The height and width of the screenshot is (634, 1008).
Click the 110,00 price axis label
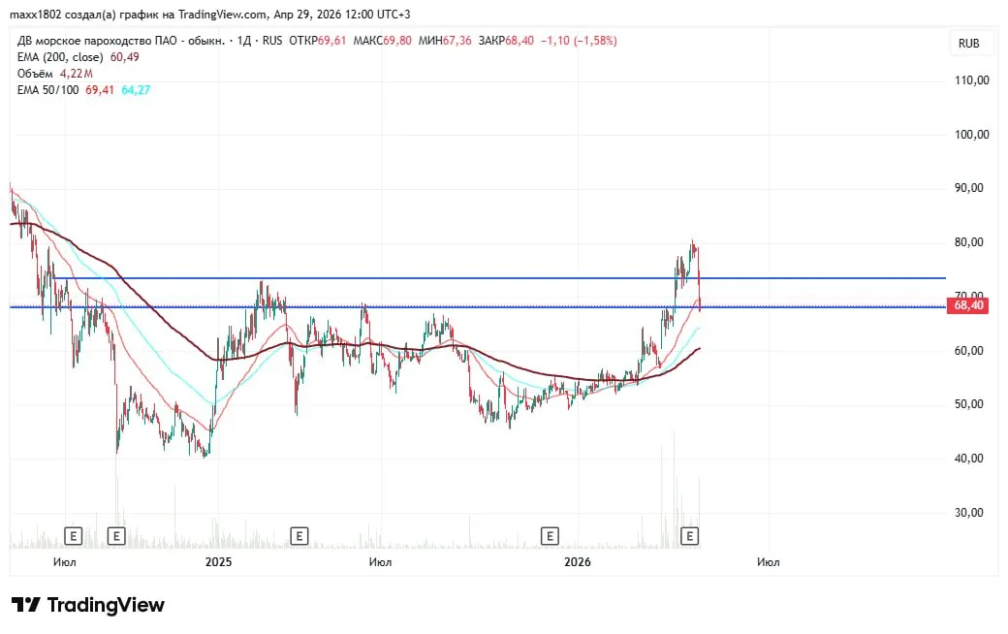971,80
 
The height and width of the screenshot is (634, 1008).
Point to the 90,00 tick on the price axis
971,188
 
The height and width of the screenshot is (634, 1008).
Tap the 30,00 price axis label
971,513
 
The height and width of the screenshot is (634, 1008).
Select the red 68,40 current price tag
970,305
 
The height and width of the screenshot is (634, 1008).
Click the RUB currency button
968,44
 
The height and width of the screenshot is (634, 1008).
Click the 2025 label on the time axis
218,561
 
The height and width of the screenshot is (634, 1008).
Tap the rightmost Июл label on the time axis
769,561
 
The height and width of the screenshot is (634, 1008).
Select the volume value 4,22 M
76,73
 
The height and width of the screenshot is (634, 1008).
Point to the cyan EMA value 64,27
136,89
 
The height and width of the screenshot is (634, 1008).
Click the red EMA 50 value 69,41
100,89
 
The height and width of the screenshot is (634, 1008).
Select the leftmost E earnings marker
73,535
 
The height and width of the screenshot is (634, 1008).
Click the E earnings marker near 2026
550,535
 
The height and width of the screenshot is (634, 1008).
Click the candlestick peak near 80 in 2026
692,243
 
